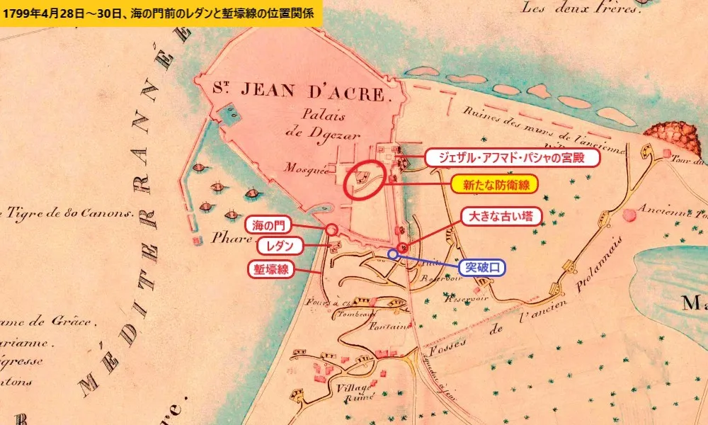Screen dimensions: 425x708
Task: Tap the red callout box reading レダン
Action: click(x=280, y=246)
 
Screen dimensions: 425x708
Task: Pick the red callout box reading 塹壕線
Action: click(x=270, y=269)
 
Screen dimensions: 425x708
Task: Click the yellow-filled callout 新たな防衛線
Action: click(x=495, y=185)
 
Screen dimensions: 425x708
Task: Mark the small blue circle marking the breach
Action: click(x=392, y=254)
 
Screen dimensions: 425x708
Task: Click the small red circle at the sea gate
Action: click(x=331, y=229)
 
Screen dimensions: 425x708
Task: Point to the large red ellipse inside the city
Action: click(x=366, y=180)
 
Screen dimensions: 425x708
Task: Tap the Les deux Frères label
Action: click(x=580, y=8)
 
